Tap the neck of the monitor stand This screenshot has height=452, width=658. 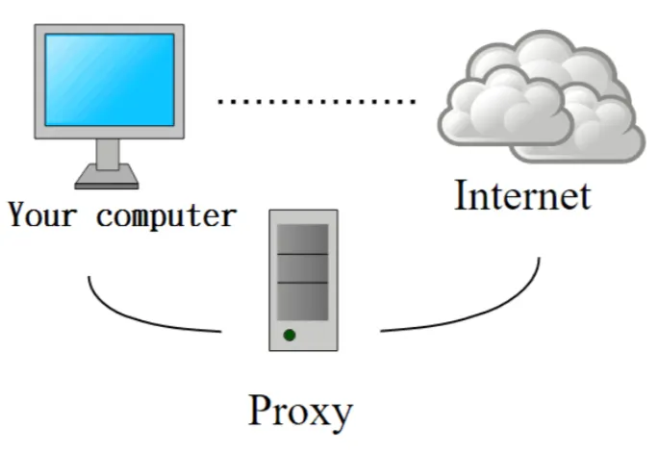108,154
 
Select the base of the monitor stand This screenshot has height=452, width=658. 108,177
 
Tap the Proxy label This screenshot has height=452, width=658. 301,411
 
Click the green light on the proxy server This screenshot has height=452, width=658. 289,336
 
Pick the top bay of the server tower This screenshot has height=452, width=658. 303,238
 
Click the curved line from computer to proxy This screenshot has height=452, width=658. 144,317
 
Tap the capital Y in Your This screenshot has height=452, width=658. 16,213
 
